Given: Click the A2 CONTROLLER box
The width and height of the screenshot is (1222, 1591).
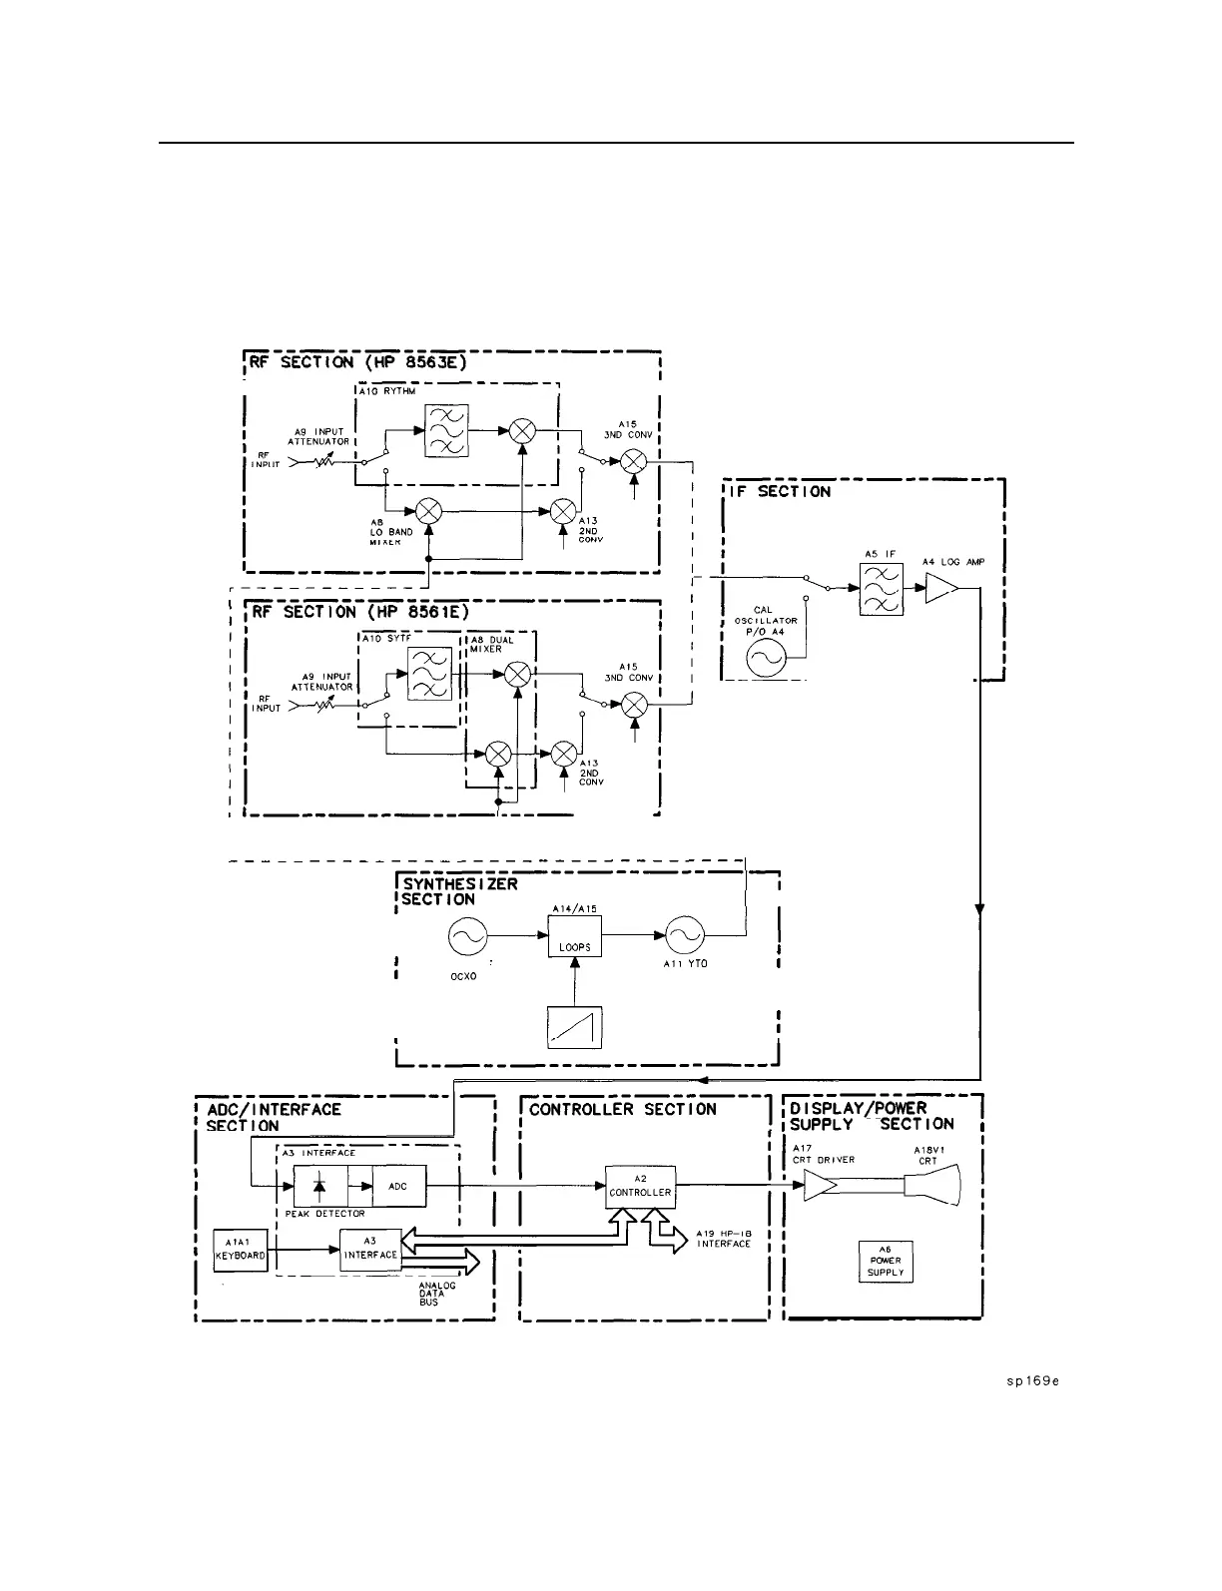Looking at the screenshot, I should point(640,1186).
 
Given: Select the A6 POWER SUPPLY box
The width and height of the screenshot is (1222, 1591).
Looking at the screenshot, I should point(886,1261).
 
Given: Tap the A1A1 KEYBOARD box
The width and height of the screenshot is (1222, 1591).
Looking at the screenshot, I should point(241,1249).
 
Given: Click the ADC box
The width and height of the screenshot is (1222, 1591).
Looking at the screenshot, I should point(398,1186).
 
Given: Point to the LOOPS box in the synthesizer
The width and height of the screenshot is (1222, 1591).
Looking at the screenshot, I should point(575,936).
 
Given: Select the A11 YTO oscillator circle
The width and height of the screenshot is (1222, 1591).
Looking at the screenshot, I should point(685,936).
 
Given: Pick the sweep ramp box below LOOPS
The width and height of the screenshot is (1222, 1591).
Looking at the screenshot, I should point(575,1027).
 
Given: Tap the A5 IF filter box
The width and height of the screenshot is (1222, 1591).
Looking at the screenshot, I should point(882,588).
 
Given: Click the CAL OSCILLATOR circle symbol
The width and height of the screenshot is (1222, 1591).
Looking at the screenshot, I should point(766,659).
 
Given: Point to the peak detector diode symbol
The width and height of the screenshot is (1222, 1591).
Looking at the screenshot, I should point(319,1186).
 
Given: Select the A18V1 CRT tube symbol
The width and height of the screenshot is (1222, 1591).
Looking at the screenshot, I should point(930,1186).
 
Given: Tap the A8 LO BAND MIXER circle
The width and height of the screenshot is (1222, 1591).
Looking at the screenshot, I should point(428,510).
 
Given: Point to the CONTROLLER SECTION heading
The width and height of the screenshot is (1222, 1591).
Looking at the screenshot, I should point(623,1109).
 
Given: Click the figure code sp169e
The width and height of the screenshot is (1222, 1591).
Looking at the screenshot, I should point(1031,1381).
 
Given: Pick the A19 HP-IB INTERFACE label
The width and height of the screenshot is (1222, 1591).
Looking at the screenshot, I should point(723,1239).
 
